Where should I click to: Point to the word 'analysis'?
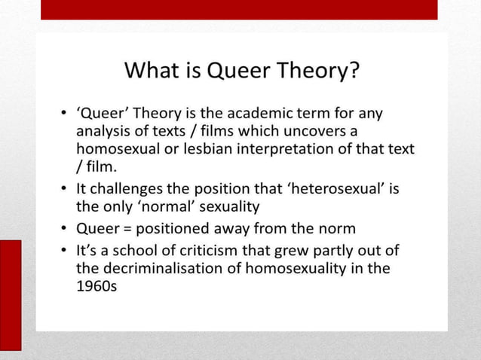(103, 132)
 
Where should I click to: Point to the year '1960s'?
(97, 286)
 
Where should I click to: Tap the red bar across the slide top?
(238, 9)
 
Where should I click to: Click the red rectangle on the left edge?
(11, 294)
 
